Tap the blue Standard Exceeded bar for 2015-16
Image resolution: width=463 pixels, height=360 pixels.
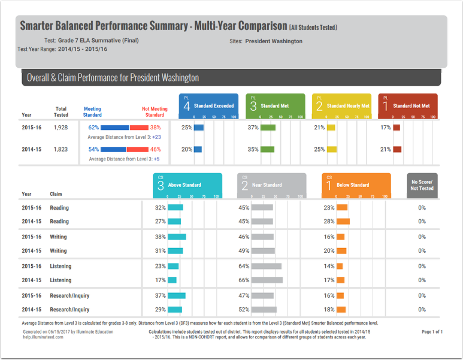[199, 128]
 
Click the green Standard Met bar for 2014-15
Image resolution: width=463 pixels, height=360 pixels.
[267, 149]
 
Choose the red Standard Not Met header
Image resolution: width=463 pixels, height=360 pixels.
[407, 105]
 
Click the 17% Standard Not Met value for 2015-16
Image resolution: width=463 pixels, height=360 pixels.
[385, 128]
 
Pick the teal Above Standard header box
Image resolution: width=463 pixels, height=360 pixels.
[187, 185]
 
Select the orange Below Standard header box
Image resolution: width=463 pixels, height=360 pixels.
[356, 185]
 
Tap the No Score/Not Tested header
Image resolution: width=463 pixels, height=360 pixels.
[422, 185]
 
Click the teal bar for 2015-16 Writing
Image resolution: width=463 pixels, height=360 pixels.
[177, 237]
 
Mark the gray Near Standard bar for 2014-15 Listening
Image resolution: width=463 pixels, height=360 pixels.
[267, 280]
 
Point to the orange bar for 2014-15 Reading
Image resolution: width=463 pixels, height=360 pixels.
[343, 222]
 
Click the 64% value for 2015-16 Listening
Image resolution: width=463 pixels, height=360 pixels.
[244, 266]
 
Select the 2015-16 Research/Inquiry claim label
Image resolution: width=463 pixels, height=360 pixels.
[69, 295]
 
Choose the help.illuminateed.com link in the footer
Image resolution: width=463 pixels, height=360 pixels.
[44, 337]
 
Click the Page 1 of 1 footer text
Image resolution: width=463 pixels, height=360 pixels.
[432, 331]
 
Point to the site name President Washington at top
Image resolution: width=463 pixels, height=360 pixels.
[274, 41]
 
